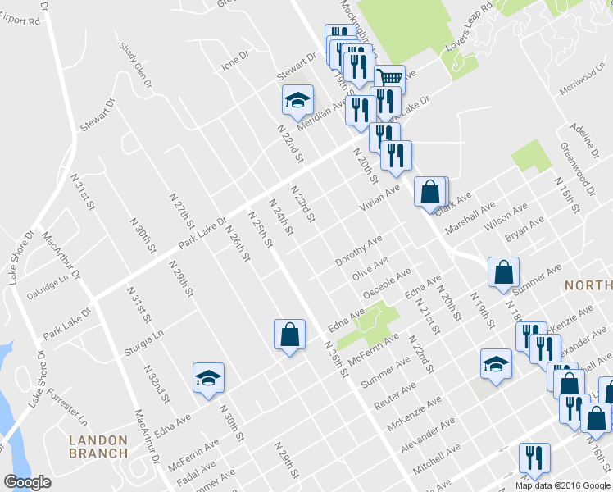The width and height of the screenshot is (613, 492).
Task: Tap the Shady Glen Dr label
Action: click(x=136, y=66)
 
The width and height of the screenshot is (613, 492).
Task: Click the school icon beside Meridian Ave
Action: click(x=297, y=101)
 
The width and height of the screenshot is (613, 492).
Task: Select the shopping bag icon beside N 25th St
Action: click(x=289, y=335)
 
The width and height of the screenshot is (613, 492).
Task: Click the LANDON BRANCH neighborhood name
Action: click(x=98, y=446)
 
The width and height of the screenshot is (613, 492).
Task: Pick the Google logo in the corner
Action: click(x=28, y=481)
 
